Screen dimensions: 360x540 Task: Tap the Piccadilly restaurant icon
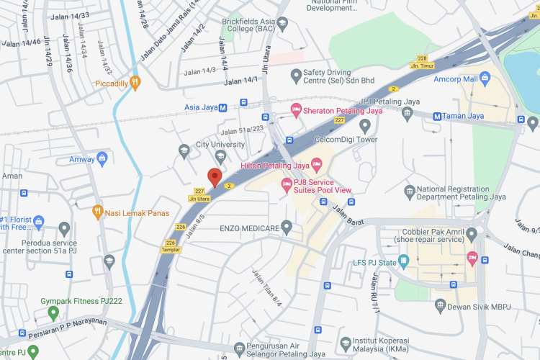134,83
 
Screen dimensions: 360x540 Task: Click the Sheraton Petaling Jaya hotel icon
294,110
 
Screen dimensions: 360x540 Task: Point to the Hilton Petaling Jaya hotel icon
315,166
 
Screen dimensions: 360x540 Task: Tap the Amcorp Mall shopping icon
485,78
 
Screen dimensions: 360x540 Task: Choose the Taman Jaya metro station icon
437,116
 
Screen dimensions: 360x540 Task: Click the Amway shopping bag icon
102,158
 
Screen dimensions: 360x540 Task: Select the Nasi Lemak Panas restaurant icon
98,212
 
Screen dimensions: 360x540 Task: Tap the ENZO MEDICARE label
248,228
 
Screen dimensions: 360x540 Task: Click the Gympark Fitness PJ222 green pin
53,312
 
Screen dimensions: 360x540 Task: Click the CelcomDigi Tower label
346,140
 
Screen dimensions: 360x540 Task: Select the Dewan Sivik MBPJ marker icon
440,307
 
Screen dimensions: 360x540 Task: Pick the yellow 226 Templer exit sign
171,246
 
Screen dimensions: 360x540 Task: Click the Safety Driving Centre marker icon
294,75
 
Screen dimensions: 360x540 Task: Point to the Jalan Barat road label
348,210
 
